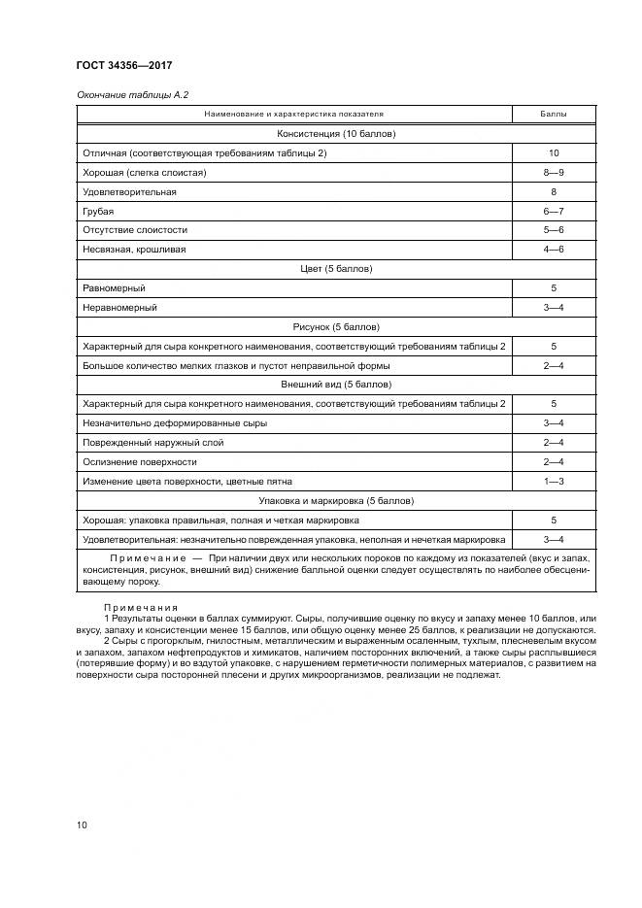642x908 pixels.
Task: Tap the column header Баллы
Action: (x=553, y=116)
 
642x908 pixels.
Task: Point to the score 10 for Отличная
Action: (x=553, y=153)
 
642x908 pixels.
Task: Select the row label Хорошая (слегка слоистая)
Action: (x=146, y=173)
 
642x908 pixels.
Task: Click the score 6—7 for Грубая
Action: (x=553, y=211)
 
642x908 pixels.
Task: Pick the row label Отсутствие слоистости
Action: (x=136, y=230)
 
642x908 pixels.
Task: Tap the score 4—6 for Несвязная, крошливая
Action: (x=553, y=250)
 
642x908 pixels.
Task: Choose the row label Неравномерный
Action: (x=120, y=307)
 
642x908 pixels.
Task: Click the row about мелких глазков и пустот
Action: (x=237, y=365)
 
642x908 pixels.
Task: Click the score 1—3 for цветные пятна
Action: (x=553, y=481)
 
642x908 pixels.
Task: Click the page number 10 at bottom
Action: (x=82, y=824)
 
